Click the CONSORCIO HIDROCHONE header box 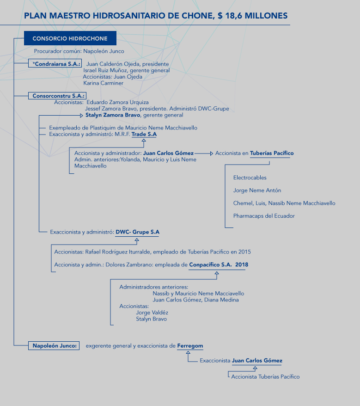70,38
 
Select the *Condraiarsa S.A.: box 55,64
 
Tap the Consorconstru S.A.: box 57,96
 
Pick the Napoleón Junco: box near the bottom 54,346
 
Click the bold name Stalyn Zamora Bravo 113,115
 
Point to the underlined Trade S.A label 144,135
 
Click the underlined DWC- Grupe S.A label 137,232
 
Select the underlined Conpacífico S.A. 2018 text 219,265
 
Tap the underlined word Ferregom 190,346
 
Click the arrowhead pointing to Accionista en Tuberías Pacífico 212,154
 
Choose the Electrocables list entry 250,178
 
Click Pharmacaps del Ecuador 264,216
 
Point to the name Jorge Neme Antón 257,191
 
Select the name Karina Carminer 103,83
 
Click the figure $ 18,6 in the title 230,16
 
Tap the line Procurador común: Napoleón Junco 79,51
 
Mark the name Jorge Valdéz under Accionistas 152,313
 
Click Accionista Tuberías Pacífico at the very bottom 265,377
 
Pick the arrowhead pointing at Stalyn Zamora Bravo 81,116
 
